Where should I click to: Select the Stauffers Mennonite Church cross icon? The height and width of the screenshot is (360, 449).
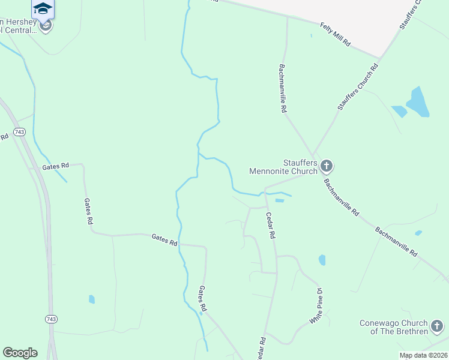pos(327,165)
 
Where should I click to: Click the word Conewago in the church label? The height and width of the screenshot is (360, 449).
pos(381,323)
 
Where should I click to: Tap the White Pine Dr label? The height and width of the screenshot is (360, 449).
pos(316,306)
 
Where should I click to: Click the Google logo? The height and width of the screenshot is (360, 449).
pos(19,352)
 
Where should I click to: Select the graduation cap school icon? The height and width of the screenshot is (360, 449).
pos(43,8)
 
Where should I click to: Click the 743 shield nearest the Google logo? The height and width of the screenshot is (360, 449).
pos(50,319)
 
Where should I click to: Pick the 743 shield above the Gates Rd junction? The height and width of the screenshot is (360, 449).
pos(19,131)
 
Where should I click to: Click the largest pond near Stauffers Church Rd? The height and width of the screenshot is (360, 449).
pos(418,102)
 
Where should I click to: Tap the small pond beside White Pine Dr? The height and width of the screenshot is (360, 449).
pos(322,260)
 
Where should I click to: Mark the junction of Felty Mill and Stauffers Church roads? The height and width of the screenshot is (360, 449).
pos(379,59)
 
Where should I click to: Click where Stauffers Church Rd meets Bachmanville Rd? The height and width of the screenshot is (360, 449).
pos(313,155)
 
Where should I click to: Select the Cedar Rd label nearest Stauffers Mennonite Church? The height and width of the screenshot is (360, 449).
pos(270,226)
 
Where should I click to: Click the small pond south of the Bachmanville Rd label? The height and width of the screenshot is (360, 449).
pos(418,233)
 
